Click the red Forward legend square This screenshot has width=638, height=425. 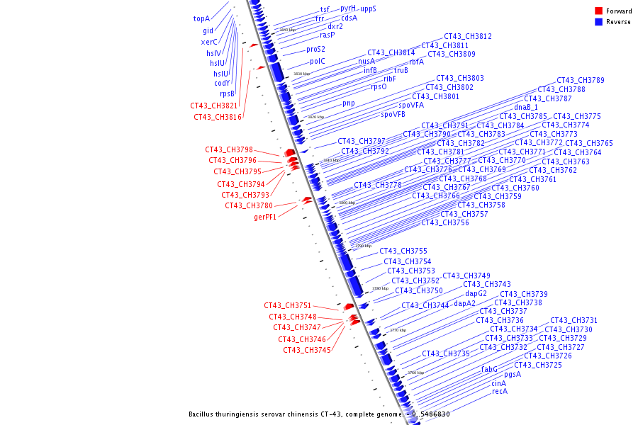(598, 11)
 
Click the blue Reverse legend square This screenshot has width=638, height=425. (598, 21)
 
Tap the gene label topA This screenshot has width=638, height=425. (201, 19)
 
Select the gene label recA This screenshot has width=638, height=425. (500, 392)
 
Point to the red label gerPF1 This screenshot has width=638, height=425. (265, 217)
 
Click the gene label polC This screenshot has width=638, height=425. (317, 62)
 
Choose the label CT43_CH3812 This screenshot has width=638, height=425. (468, 37)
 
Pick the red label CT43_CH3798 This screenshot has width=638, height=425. (229, 150)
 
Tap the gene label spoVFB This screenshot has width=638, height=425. (393, 114)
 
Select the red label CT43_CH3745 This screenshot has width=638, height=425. (307, 350)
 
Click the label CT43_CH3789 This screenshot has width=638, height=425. (581, 81)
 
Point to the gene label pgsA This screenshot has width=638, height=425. (513, 375)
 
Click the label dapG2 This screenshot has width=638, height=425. (476, 293)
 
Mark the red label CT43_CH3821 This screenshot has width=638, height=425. (214, 106)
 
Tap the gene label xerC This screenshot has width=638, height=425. (209, 42)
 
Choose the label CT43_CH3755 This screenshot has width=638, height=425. (403, 251)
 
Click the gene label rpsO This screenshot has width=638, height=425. (379, 87)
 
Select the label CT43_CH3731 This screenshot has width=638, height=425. (574, 321)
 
